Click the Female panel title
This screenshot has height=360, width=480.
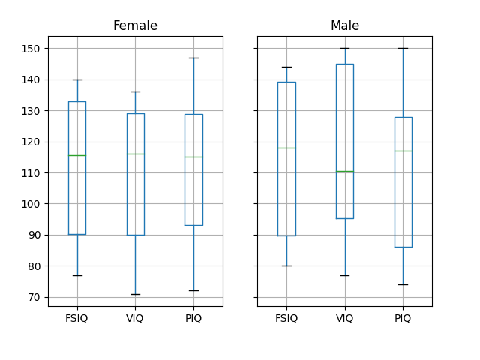point(135,26)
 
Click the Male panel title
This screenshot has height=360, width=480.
point(344,26)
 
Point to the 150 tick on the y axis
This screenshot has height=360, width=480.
point(33,49)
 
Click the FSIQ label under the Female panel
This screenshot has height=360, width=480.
point(77,318)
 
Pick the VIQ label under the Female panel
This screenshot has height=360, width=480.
point(135,318)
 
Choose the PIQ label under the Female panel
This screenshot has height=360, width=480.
point(193,318)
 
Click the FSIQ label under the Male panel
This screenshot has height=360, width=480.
point(286,318)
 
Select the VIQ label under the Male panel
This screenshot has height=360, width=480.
point(344,318)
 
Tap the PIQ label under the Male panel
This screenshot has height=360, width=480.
point(403,318)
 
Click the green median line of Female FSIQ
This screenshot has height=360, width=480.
point(77,155)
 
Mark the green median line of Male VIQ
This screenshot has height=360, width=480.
point(344,171)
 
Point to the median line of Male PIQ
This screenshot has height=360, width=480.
point(403,151)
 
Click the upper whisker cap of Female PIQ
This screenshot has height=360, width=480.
point(193,58)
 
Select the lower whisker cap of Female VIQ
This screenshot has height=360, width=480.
point(135,294)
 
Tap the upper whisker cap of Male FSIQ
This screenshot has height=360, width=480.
point(286,67)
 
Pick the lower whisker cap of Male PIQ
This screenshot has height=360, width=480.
point(403,284)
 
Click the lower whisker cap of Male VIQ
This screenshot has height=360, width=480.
point(344,275)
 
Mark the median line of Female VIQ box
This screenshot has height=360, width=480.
point(135,154)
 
